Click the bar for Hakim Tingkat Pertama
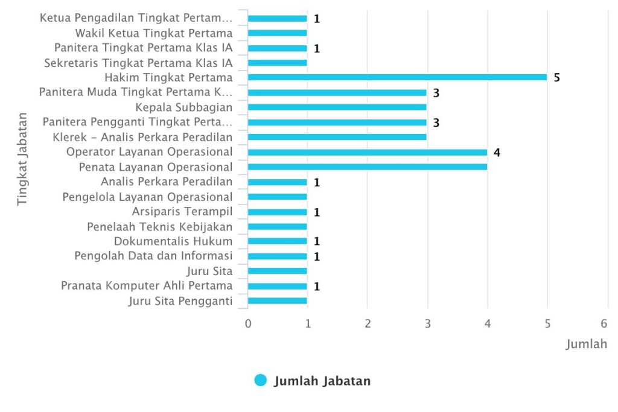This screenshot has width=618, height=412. point(397,77)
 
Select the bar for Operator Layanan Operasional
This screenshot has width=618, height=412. point(368,153)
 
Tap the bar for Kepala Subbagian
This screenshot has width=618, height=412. point(337,107)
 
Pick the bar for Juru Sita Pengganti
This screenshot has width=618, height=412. point(278,301)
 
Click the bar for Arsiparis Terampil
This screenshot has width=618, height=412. point(278,212)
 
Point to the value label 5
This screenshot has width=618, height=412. point(556,78)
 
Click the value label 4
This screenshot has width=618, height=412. point(497,153)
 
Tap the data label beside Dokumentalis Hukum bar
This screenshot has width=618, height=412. point(317,241)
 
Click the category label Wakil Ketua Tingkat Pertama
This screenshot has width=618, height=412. point(154,33)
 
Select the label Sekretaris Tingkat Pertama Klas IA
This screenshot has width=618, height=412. point(138,63)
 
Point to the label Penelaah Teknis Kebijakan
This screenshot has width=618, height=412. point(159,227)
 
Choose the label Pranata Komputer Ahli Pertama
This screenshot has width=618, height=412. point(147,285)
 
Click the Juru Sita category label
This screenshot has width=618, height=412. point(209,271)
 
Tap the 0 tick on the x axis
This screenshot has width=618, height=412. point(248,324)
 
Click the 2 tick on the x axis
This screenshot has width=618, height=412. point(368,324)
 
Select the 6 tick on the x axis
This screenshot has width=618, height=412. point(604,324)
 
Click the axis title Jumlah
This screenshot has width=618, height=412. point(587,344)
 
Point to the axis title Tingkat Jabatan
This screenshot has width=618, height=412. point(22,159)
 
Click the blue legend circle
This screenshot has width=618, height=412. point(261,380)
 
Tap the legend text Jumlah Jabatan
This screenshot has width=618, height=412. point(322,381)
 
